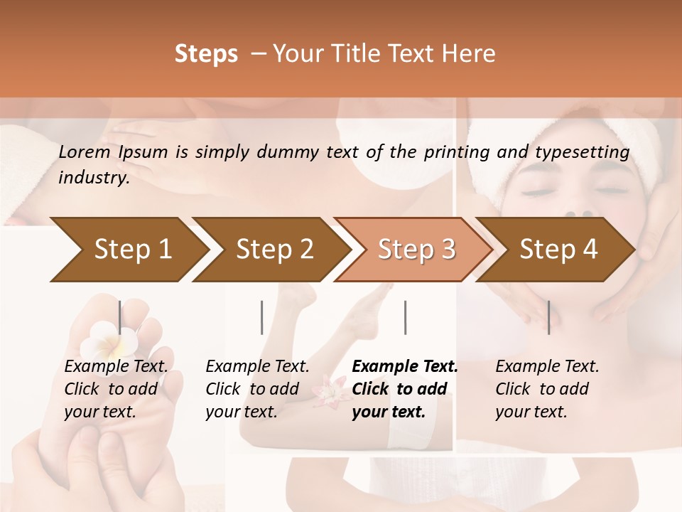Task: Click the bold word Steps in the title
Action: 206,54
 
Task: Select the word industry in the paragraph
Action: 94,178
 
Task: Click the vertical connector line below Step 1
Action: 119,317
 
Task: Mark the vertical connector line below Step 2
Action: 262,317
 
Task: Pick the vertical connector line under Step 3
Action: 406,317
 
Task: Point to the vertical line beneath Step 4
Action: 548,317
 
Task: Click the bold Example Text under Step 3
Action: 405,367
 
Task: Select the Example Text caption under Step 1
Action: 116,367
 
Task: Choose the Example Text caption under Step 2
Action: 257,367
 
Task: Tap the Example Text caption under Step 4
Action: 547,367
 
